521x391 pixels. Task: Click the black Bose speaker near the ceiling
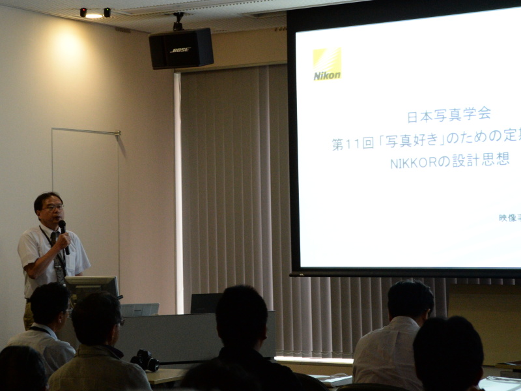point(181,49)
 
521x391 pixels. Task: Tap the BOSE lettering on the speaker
point(180,50)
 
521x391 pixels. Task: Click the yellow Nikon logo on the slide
point(327,64)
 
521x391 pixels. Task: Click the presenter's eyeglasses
point(53,207)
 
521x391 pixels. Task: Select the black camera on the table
point(145,360)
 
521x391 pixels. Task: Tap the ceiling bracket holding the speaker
point(178,22)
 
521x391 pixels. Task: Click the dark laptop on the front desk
point(206,303)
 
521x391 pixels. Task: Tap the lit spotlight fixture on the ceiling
point(94,13)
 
